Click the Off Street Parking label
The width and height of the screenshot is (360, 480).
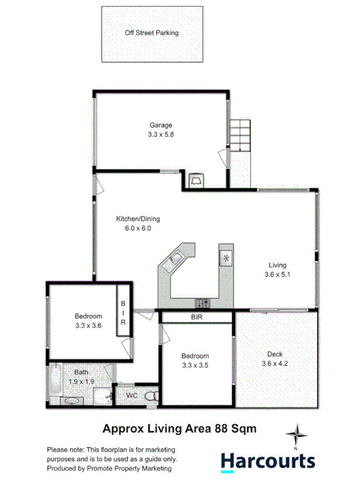click(x=152, y=32)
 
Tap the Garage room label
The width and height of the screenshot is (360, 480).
click(x=161, y=125)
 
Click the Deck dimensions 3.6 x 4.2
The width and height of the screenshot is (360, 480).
click(x=275, y=364)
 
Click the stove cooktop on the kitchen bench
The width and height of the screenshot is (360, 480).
click(x=203, y=302)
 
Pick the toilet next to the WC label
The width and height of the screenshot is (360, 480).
click(x=139, y=396)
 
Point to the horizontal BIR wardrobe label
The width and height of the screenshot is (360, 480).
click(x=197, y=317)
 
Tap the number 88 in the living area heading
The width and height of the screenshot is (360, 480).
click(x=210, y=428)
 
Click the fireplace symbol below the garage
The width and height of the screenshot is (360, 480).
click(x=196, y=180)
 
